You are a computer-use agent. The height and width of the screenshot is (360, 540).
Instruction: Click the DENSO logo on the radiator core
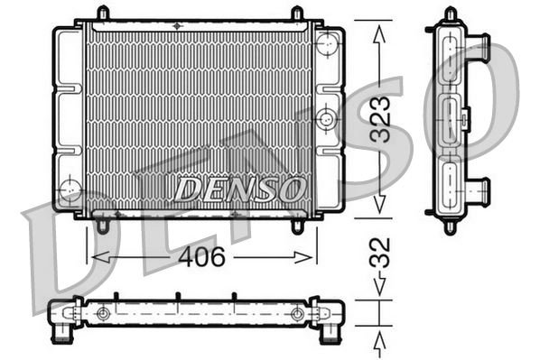pyautogui.click(x=239, y=189)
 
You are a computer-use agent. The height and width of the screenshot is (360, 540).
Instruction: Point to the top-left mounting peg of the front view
pyautogui.click(x=102, y=14)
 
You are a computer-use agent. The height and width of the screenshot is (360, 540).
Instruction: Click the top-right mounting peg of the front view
pyautogui.click(x=297, y=14)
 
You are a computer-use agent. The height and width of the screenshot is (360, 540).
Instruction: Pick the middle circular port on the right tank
pyautogui.click(x=326, y=116)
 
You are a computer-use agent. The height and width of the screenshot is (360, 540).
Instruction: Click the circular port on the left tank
pyautogui.click(x=69, y=189)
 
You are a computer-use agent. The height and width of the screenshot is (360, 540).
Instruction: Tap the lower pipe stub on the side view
pyautogui.click(x=479, y=190)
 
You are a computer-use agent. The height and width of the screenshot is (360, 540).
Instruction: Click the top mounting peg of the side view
pyautogui.click(x=450, y=14)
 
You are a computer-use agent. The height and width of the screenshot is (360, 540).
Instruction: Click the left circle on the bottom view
pyautogui.click(x=103, y=313)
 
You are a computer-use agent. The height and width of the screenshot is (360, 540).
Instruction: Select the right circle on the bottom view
pyautogui.click(x=297, y=313)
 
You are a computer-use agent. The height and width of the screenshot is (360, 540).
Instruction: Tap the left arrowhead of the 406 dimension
pyautogui.click(x=93, y=257)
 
